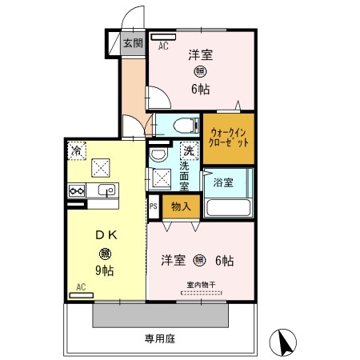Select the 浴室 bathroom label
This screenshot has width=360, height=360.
(223, 182)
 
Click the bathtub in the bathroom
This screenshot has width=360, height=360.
(229, 207)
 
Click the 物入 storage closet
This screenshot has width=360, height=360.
(180, 206)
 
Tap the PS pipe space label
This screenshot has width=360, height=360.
(153, 206)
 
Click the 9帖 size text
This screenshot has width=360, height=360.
(106, 270)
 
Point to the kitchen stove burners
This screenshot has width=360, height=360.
(77, 190)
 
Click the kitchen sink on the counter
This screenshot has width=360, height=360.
(105, 190)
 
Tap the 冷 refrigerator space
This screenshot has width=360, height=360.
(77, 150)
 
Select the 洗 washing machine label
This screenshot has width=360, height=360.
(189, 150)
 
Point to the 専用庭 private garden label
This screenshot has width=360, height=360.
(160, 338)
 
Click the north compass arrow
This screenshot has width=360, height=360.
(282, 342)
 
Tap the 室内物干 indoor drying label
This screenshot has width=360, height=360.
(202, 285)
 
